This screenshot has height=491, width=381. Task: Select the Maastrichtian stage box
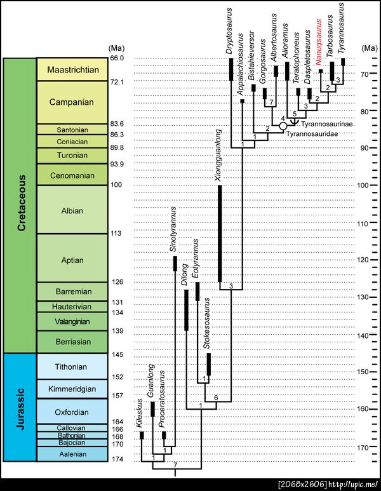(x=73, y=70)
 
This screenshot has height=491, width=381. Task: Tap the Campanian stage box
(x=73, y=102)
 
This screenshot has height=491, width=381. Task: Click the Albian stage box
(x=73, y=209)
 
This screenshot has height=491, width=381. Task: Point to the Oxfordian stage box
(x=73, y=412)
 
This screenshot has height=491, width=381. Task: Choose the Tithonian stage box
(x=73, y=366)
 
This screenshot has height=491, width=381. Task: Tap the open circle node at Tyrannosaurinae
(x=283, y=126)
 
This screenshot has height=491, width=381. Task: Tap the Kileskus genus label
(x=141, y=417)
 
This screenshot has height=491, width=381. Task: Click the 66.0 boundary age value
(x=118, y=58)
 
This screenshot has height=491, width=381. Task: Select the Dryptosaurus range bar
(x=231, y=69)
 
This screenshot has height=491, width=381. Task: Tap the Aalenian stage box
(x=73, y=455)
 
